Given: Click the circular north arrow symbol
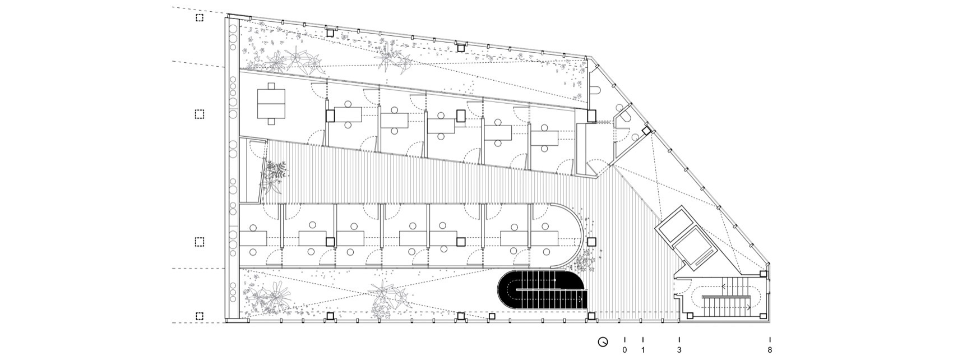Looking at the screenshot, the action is click(x=603, y=341).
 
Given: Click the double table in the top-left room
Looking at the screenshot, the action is click(x=271, y=103).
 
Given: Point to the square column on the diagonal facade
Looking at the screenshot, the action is click(x=646, y=131).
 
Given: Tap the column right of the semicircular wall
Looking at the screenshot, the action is click(x=591, y=242).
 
